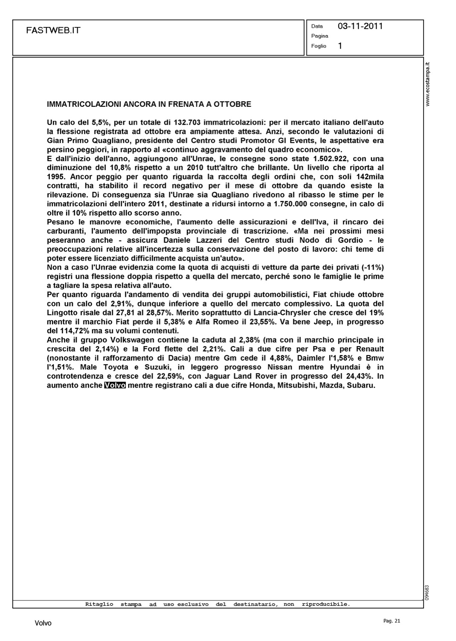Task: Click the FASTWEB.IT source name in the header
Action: [53, 30]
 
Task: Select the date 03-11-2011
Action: [360, 26]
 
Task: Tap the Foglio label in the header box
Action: [319, 46]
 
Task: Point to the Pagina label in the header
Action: [319, 36]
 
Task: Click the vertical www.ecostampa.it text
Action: [428, 84]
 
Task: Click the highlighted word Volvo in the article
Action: [115, 385]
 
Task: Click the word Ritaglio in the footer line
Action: [99, 604]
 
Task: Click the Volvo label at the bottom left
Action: [43, 623]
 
